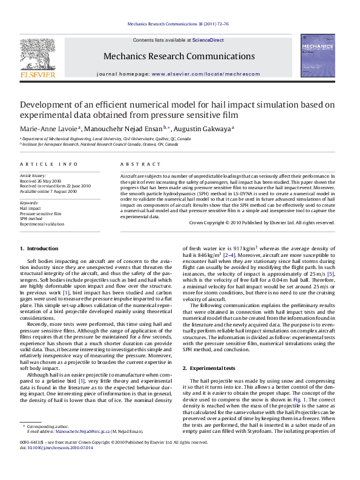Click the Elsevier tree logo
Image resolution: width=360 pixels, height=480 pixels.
[x=38, y=53]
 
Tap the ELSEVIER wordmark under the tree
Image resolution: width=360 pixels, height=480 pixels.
[x=38, y=76]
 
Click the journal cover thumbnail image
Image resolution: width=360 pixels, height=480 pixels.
[x=317, y=56]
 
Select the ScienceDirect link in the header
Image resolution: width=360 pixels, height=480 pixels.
[x=208, y=40]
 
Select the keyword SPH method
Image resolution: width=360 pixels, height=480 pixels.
[x=32, y=218]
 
